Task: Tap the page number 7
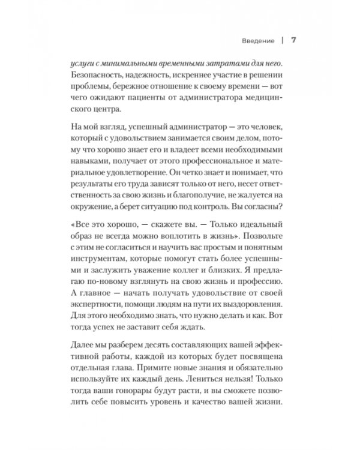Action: click(293, 41)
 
